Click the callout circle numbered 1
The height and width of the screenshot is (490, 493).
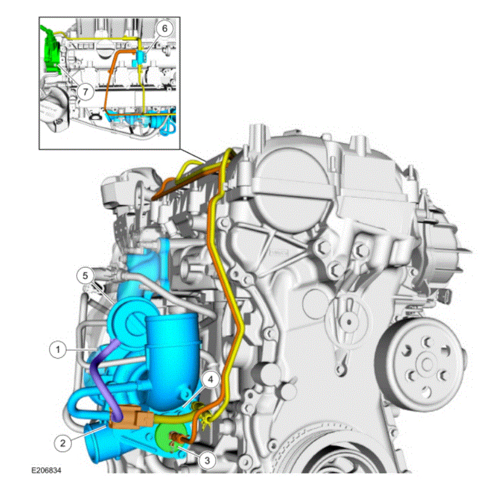pos(58,350)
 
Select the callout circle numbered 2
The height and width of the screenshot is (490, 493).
pos(62,443)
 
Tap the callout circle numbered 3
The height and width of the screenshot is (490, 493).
pos(207,461)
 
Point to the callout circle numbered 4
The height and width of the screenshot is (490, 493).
pos(211,380)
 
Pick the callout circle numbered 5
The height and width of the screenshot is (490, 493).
pos(85,275)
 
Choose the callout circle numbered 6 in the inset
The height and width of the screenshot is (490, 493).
pos(165,29)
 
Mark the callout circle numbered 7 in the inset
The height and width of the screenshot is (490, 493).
pos(85,92)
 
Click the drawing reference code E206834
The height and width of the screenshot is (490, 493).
pos(47,470)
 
